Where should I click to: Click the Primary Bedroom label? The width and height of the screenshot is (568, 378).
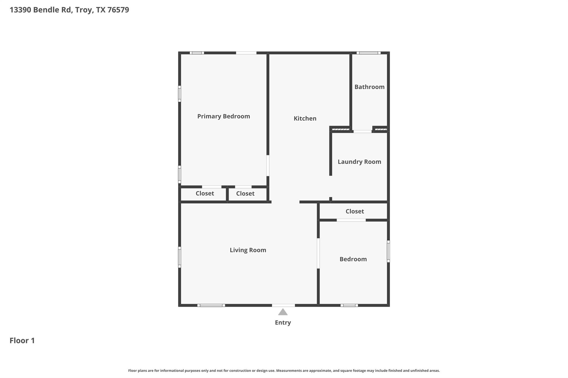[224, 116]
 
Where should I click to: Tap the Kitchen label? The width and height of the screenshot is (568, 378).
[305, 119]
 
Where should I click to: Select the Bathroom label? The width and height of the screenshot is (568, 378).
[369, 87]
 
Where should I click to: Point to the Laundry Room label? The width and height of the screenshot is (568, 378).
[359, 162]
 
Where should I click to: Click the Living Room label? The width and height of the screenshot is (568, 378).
[248, 250]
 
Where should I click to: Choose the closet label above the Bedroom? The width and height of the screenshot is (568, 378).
[354, 211]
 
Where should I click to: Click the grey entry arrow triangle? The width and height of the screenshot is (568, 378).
[283, 312]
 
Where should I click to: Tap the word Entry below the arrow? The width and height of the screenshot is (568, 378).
[283, 323]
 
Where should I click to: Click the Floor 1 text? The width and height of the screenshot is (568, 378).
[22, 341]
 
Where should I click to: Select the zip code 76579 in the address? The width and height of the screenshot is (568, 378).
[118, 10]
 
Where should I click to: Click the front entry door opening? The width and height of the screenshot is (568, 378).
[283, 305]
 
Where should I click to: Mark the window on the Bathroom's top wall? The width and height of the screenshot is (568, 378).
[368, 53]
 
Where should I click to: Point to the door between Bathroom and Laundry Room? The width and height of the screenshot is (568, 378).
[362, 132]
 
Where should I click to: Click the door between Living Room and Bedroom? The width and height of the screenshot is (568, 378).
[318, 253]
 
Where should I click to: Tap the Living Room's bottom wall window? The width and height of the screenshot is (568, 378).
[211, 305]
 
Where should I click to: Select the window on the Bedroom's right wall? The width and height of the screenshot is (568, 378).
[388, 251]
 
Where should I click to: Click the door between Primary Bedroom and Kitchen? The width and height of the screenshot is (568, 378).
[268, 166]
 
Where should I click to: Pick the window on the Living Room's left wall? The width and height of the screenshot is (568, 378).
[179, 257]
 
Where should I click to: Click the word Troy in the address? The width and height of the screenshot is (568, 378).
[83, 10]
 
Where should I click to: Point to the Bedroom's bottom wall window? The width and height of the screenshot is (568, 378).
[349, 305]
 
